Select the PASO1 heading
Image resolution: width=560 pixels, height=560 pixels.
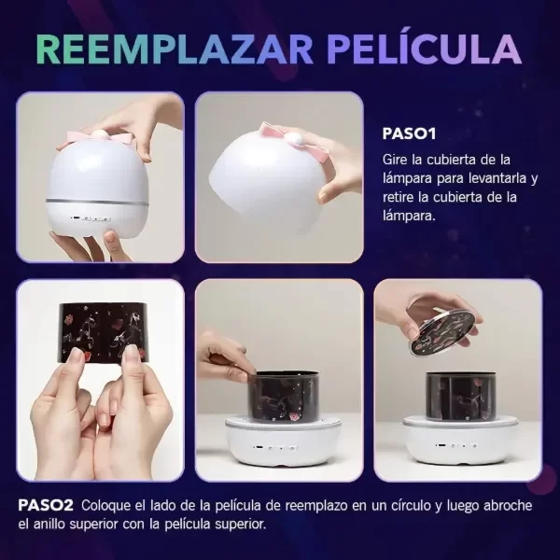tap(409, 133)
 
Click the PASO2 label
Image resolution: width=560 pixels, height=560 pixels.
tap(46, 505)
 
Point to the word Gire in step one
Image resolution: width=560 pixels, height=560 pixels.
tap(395, 160)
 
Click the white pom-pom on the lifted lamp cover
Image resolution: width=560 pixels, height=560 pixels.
tap(297, 141)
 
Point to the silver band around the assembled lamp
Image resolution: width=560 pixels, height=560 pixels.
tap(97, 202)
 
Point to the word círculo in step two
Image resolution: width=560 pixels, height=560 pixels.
tap(406, 505)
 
